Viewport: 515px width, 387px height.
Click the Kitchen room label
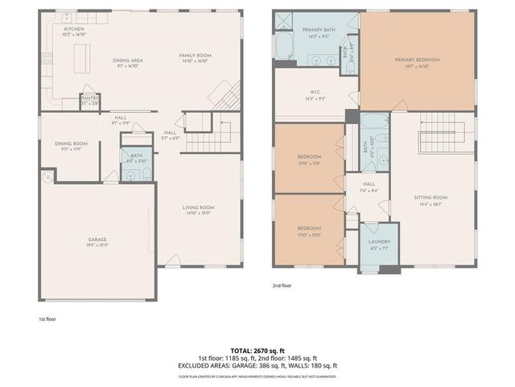74,31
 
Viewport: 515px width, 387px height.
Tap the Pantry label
89,101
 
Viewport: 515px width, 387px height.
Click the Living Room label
196,209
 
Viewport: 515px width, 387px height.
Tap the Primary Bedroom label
416,62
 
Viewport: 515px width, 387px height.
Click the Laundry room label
379,243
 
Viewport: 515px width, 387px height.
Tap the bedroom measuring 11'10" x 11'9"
310,159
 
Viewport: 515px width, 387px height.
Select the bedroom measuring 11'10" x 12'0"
310,230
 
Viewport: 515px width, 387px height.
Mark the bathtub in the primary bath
285,46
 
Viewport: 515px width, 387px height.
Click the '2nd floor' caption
282,285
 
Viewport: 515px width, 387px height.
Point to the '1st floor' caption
47,318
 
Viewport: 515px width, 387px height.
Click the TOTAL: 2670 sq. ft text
257,351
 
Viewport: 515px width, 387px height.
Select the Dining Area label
128,62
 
